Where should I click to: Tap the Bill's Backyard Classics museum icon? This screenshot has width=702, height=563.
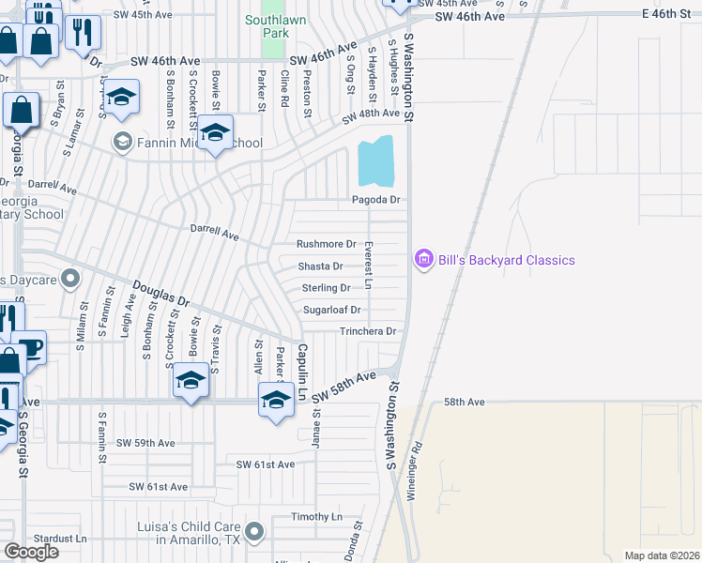tap(423, 259)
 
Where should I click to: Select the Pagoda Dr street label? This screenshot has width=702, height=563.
tap(375, 200)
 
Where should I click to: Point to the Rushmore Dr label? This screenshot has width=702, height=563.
tap(327, 244)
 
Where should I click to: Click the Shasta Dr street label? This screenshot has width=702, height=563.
tap(320, 266)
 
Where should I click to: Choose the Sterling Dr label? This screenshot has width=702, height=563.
tap(326, 288)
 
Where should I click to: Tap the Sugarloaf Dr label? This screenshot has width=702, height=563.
tap(332, 310)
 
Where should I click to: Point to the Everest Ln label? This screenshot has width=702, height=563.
tap(369, 266)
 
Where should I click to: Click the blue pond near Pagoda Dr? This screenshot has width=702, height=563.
tap(376, 161)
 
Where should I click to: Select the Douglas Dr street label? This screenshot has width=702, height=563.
tap(160, 297)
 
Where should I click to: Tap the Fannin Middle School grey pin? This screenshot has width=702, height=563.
tap(122, 143)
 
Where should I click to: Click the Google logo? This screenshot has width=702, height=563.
tap(31, 551)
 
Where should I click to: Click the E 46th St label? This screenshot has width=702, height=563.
tap(669, 17)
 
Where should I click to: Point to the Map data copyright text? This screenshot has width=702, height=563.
tap(662, 555)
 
